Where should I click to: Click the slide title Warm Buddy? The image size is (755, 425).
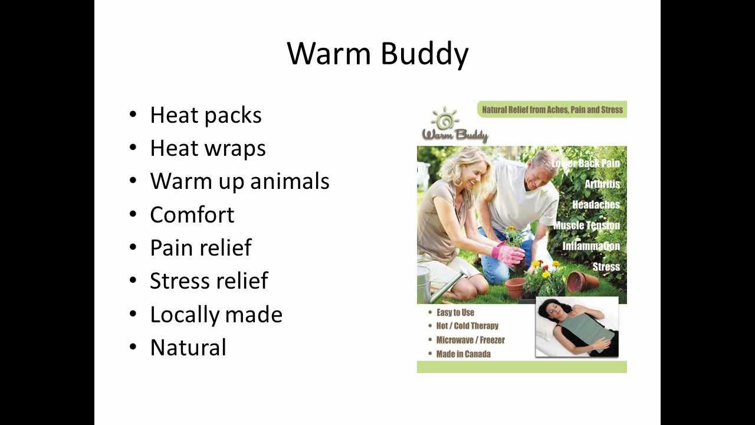click(377, 54)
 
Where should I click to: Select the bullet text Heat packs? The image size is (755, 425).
click(205, 115)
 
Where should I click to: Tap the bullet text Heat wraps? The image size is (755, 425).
click(208, 148)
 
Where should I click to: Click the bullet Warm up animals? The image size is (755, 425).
click(239, 181)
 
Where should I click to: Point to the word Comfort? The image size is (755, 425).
click(192, 214)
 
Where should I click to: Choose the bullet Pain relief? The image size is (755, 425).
click(201, 247)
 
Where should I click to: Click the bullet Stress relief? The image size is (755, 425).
click(209, 280)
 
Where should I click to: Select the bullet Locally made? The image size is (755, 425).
click(216, 314)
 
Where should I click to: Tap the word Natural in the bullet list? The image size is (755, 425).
click(188, 347)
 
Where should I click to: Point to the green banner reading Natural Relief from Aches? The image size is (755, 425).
click(552, 110)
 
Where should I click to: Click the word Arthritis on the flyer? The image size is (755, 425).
click(602, 184)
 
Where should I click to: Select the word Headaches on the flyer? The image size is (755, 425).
click(596, 205)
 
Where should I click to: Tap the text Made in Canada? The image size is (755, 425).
click(463, 354)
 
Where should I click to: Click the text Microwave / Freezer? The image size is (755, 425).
click(470, 340)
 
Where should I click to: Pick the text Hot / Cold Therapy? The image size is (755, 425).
click(467, 326)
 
